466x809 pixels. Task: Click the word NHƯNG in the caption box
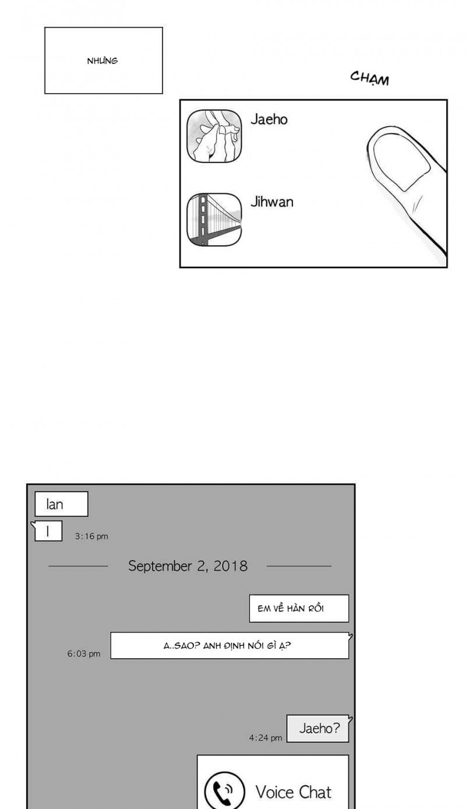click(103, 61)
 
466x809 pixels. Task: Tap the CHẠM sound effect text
click(369, 79)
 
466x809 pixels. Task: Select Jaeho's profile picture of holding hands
click(214, 136)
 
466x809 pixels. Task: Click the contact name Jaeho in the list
click(269, 119)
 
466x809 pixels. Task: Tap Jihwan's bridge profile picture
click(214, 220)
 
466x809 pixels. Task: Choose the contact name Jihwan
click(272, 202)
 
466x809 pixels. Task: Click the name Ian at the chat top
click(55, 504)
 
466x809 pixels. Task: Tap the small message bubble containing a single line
click(48, 531)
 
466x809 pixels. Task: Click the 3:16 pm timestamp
click(91, 536)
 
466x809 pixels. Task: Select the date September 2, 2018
click(188, 566)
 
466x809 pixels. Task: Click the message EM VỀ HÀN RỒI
click(291, 609)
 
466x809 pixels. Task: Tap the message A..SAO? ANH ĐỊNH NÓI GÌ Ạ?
click(227, 645)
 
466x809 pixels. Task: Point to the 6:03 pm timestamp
click(83, 653)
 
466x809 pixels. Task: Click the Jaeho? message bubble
click(318, 729)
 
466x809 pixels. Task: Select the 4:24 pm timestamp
click(266, 738)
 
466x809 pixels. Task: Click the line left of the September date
click(79, 566)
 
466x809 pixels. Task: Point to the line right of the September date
click(299, 566)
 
